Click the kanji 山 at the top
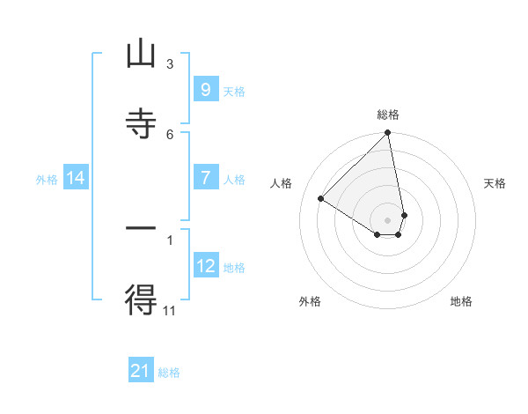click(x=141, y=55)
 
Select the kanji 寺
click(x=141, y=123)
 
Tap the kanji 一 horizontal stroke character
click(x=141, y=228)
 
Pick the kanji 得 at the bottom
click(x=141, y=299)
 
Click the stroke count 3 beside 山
click(x=169, y=64)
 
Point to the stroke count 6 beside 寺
click(x=169, y=134)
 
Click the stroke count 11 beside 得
click(x=170, y=310)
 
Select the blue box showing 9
click(x=205, y=89)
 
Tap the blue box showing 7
click(x=205, y=177)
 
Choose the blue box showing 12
click(x=205, y=265)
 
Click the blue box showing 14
click(x=77, y=178)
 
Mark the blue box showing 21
click(x=141, y=371)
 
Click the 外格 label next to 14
click(x=47, y=180)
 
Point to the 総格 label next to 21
click(x=169, y=373)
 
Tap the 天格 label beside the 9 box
click(x=234, y=92)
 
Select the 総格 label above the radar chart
click(x=388, y=115)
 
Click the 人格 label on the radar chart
click(x=282, y=183)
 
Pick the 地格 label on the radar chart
click(x=461, y=301)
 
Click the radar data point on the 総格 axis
click(x=388, y=134)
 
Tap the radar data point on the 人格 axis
click(x=321, y=199)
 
